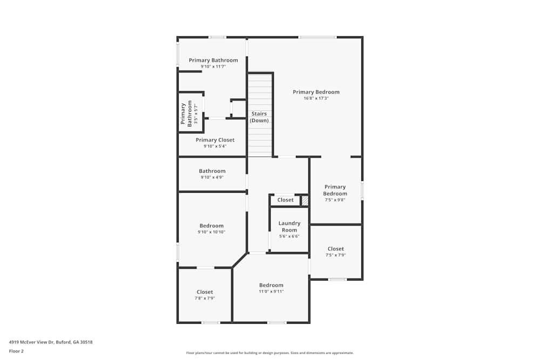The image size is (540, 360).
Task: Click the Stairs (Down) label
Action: click(259, 117)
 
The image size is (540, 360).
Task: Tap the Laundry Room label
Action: click(289, 227)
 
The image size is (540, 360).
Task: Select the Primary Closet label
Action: click(215, 140)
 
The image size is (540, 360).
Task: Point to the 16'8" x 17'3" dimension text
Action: click(316, 99)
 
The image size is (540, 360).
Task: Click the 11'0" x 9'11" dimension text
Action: click(271, 291)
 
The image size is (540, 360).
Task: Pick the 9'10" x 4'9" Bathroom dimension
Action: click(212, 178)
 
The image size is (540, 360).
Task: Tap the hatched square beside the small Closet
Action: click(305, 201)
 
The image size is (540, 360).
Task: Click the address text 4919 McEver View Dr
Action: click(55, 342)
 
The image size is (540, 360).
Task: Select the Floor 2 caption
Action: click(16, 351)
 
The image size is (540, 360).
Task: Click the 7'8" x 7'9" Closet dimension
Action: click(205, 298)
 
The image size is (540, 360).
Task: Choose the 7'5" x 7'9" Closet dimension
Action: click(335, 255)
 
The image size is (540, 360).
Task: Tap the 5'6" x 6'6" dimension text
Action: click(289, 236)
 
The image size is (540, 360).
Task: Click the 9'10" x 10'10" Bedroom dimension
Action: click(211, 232)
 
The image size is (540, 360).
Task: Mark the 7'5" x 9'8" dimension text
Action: click(335, 200)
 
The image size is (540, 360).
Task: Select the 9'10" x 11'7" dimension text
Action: click(213, 66)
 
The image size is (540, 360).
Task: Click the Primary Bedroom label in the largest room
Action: click(316, 92)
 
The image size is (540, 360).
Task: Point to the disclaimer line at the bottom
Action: click(270, 353)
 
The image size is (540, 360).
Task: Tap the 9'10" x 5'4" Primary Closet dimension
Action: click(215, 146)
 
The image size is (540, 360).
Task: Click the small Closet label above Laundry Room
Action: click(285, 200)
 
